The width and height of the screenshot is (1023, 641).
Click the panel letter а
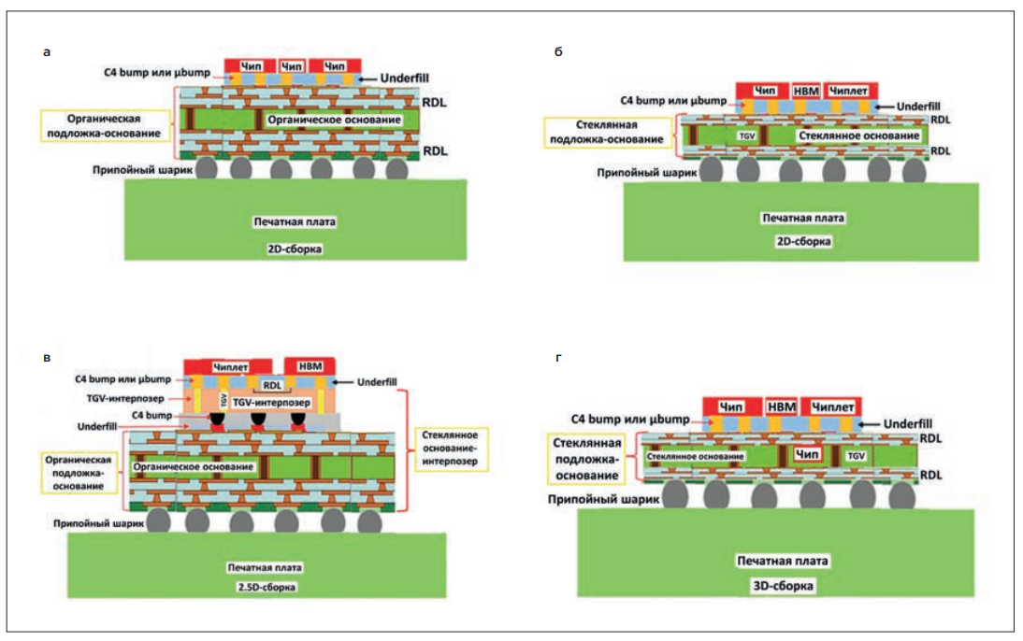click(x=47, y=52)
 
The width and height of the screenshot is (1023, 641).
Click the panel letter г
click(x=558, y=357)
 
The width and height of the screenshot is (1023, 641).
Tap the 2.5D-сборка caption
click(x=267, y=587)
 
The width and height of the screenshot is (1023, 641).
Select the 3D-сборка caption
click(x=783, y=586)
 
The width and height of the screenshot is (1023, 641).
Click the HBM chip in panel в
click(x=310, y=366)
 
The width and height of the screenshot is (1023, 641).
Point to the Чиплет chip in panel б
click(x=848, y=91)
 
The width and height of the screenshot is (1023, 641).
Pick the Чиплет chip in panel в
click(x=227, y=366)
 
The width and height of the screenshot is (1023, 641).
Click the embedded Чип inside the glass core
click(x=807, y=454)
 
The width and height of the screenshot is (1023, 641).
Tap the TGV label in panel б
click(x=747, y=135)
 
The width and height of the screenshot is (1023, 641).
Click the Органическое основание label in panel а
click(x=334, y=120)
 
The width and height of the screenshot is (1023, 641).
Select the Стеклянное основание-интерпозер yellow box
click(x=450, y=448)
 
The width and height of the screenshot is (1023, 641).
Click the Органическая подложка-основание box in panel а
click(x=104, y=126)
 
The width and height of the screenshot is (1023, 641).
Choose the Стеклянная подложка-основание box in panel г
click(x=586, y=459)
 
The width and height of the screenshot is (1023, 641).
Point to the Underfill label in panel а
click(x=405, y=78)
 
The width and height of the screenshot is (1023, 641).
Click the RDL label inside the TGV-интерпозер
click(x=273, y=385)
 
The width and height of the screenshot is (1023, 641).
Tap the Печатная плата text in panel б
click(x=803, y=218)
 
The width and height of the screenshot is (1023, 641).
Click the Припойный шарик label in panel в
click(x=99, y=523)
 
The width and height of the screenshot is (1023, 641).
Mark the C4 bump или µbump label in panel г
click(x=630, y=419)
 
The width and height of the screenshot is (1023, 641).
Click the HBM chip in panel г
click(x=782, y=406)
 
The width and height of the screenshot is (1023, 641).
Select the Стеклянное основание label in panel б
click(x=858, y=135)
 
